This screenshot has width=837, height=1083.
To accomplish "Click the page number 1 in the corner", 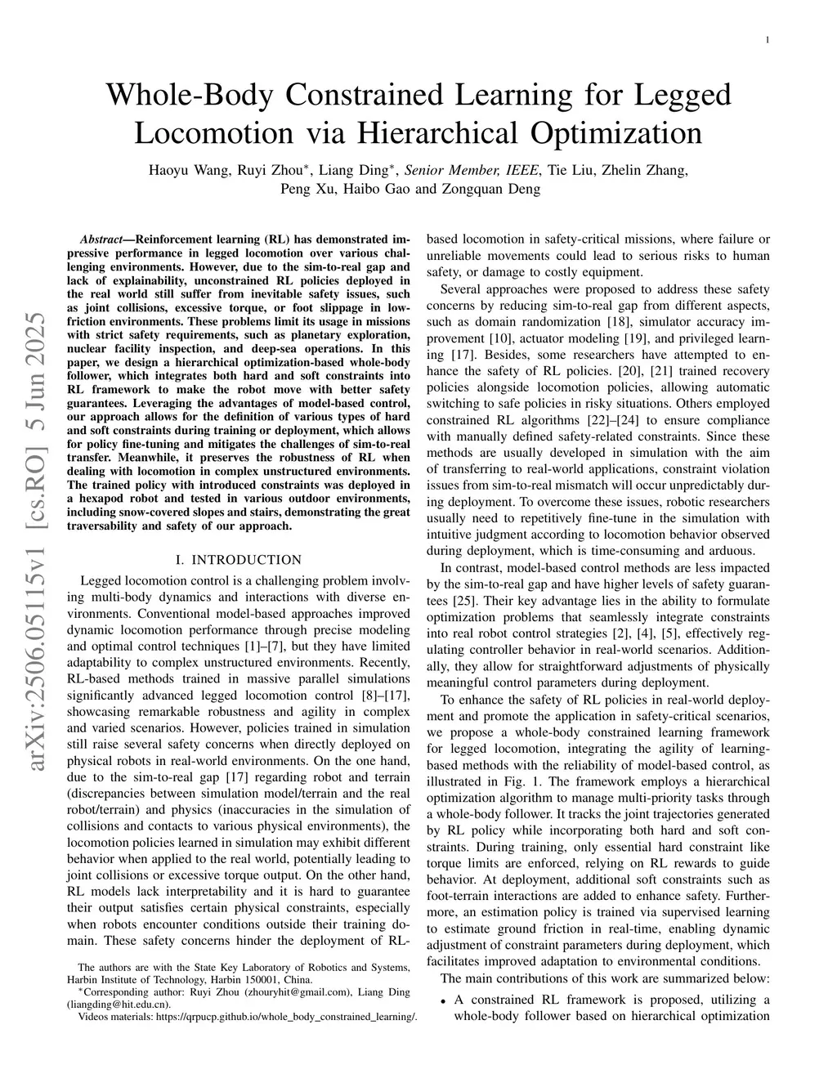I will click(767, 39).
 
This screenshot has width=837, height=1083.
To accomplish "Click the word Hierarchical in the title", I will click(438, 132).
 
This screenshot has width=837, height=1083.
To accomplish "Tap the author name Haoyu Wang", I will click(188, 171).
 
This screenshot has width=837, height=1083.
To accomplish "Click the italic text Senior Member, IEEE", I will click(472, 171).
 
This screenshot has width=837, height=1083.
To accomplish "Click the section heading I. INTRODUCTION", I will click(239, 560).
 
